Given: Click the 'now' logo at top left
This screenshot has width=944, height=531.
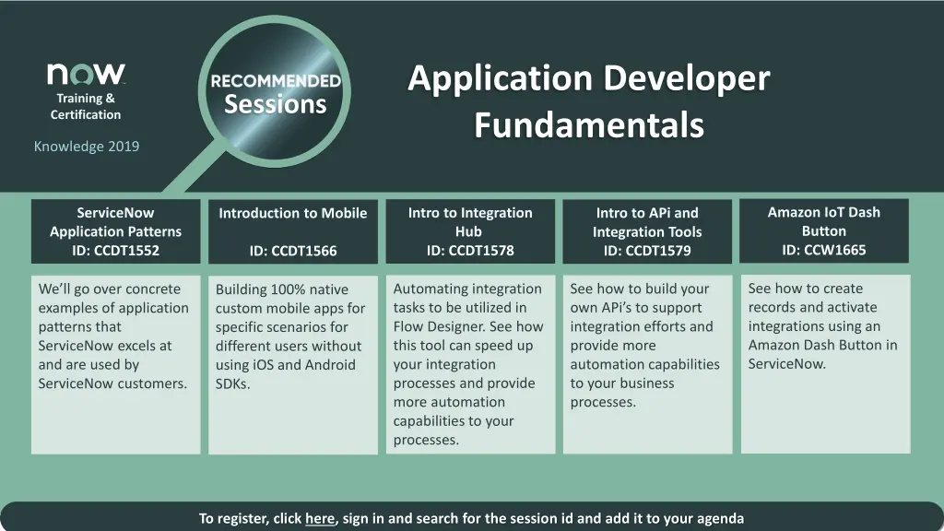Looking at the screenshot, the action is [x=86, y=74].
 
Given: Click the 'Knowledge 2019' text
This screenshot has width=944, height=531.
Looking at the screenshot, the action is [x=86, y=147].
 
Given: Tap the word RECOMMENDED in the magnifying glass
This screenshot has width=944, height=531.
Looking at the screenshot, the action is [x=276, y=81].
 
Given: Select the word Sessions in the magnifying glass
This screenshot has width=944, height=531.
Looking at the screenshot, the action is [x=276, y=104].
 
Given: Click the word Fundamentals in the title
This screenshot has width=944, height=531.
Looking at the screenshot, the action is [x=589, y=124].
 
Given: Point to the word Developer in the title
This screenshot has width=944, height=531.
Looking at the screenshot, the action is [x=686, y=79].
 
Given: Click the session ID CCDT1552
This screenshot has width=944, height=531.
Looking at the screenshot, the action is [x=126, y=251].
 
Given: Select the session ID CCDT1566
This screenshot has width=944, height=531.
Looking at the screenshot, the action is [x=304, y=251].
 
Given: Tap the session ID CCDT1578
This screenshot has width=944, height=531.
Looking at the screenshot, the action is [x=481, y=251].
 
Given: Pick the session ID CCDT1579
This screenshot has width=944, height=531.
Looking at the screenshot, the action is [x=658, y=251].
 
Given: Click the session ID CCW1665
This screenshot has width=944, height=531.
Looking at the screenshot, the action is [x=834, y=250].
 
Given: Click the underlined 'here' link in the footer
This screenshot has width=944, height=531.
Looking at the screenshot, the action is [x=320, y=518].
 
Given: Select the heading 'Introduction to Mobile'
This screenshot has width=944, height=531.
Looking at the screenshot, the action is [x=292, y=213].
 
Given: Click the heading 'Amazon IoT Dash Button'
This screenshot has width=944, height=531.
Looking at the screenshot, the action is [x=823, y=221].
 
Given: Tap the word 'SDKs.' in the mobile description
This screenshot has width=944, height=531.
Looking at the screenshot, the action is [x=232, y=384].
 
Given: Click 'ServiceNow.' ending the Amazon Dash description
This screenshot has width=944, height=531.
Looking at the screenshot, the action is [x=787, y=364].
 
